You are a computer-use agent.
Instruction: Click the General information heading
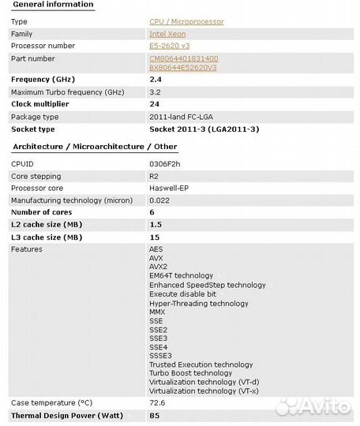point(53,5)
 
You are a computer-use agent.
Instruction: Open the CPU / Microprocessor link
point(186,22)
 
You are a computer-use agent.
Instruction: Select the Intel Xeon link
point(167,35)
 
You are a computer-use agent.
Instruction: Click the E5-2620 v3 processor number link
point(169,47)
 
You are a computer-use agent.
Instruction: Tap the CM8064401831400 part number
point(184,58)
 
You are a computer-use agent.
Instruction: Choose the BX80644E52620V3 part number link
point(185,68)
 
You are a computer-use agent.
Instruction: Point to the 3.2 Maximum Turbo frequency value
point(155,92)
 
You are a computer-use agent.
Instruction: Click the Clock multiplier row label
point(39,104)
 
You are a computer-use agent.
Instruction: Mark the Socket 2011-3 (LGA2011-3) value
point(204,129)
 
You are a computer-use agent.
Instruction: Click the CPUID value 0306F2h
point(164,164)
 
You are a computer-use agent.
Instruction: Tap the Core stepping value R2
point(153,176)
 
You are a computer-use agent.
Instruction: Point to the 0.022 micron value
point(159,200)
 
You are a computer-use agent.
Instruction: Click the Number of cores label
point(41,212)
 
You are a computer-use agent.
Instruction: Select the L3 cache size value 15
point(154,237)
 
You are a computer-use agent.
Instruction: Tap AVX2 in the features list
point(159,267)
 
